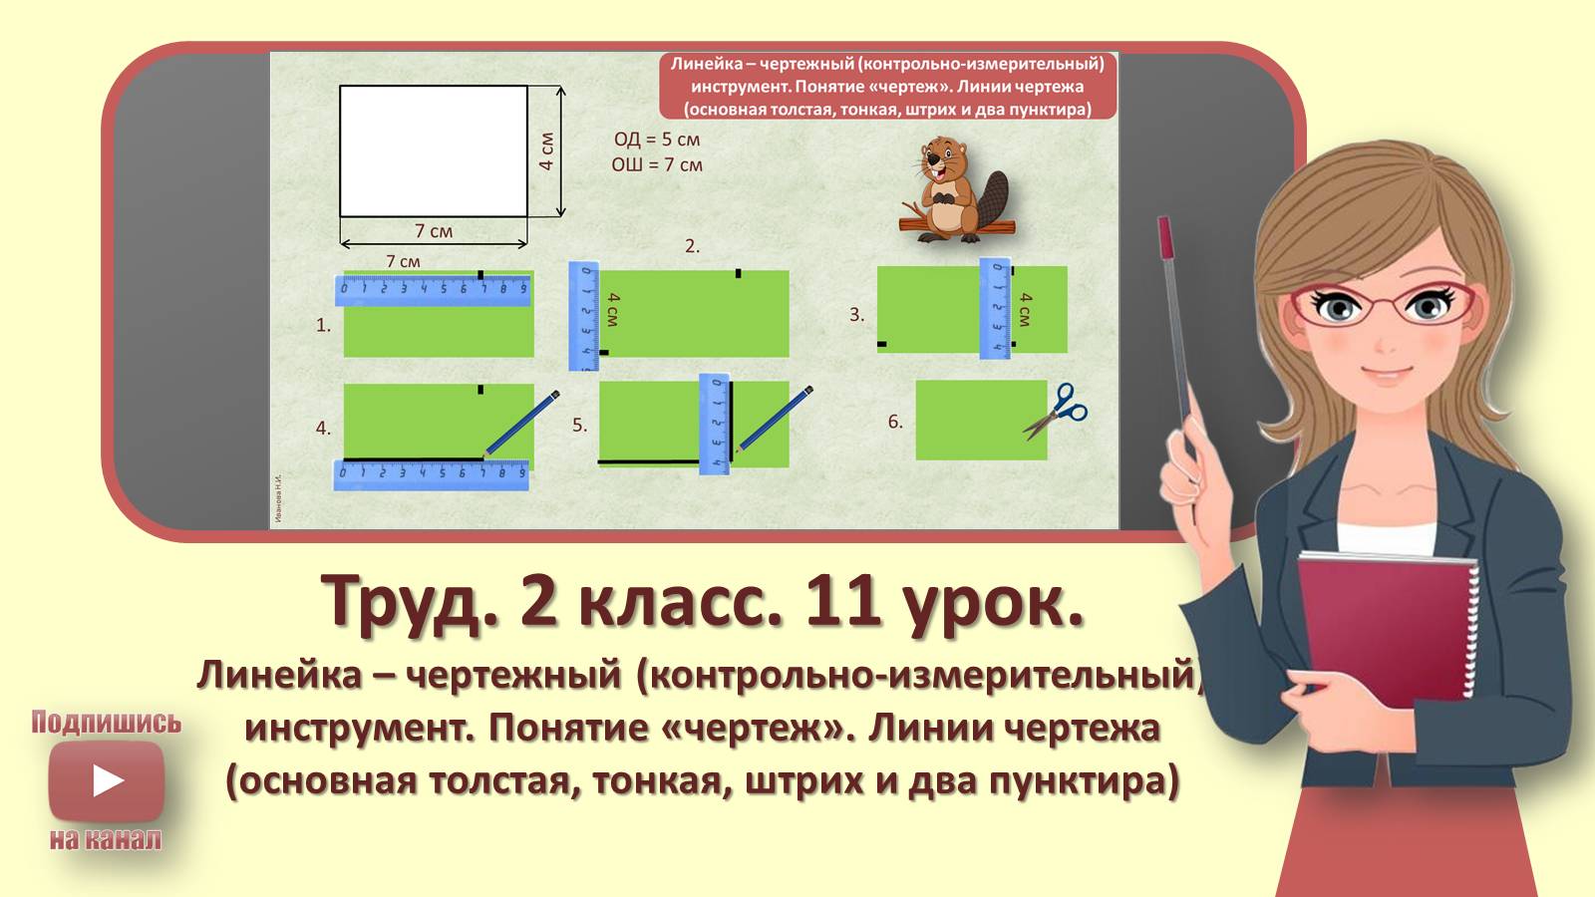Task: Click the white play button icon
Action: pos(107,780)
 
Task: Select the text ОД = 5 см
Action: pos(657,140)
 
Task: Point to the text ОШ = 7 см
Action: pos(657,164)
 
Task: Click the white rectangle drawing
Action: pos(434,150)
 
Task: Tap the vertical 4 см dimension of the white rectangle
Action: pos(546,150)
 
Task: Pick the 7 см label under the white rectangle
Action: pos(434,231)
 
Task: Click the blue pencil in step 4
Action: pos(521,423)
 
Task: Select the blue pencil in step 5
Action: pos(775,419)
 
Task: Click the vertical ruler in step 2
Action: pos(583,315)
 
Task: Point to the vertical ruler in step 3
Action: pos(995,308)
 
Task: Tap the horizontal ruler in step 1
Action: pos(433,290)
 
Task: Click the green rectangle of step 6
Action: pos(977,421)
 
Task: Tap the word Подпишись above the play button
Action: pos(106,723)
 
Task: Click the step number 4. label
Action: pos(323,429)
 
